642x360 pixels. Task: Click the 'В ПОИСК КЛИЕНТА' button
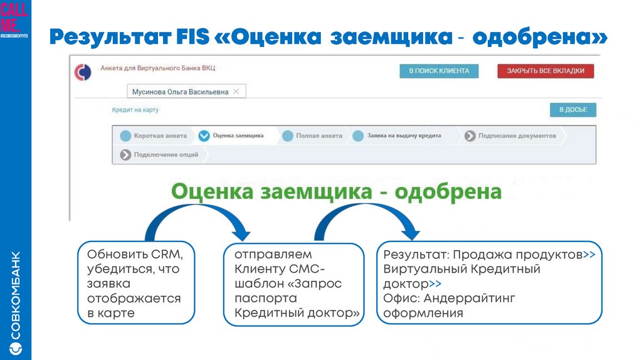coord(439,71)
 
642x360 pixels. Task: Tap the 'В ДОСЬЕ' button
coord(572,110)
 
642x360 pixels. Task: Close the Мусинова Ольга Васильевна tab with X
coord(236,92)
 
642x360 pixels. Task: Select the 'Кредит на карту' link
coord(135,110)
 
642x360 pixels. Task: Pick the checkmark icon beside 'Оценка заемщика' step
coord(204,135)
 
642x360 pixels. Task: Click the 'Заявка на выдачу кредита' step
coord(404,135)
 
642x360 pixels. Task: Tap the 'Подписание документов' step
coord(517,135)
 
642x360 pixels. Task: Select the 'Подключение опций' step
coord(166,154)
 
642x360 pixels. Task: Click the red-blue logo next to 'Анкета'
coord(82,71)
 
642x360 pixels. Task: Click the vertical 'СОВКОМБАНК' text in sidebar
coord(16,295)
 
